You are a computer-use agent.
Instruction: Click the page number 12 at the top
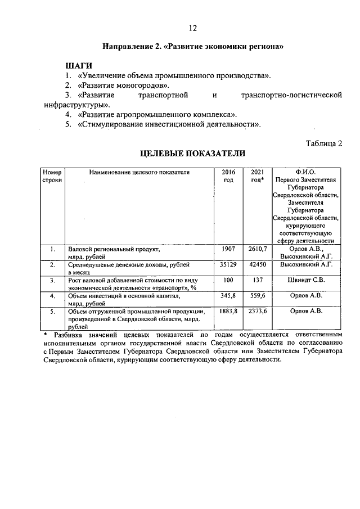(192, 28)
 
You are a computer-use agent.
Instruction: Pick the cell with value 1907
(228, 248)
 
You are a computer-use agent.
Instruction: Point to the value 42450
(256, 264)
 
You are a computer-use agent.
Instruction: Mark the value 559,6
(256, 295)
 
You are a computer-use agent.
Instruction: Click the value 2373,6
(256, 310)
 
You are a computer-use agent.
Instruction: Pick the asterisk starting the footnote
(46, 335)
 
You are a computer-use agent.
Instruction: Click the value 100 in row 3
(228, 280)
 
